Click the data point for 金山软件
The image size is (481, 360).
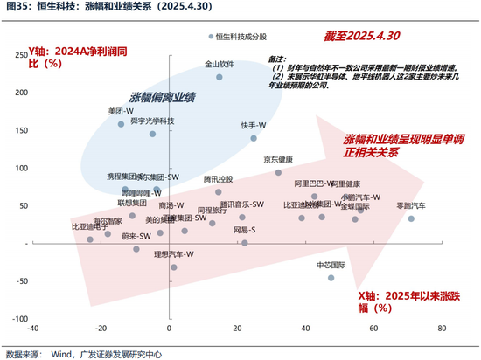click(220, 77)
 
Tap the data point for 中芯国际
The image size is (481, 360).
click(331, 277)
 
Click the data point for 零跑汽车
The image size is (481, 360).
click(411, 218)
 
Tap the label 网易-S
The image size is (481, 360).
click(244, 229)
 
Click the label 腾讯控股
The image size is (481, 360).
click(218, 179)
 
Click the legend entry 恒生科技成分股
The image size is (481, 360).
click(246, 37)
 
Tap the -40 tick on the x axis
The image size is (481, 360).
click(33, 329)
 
